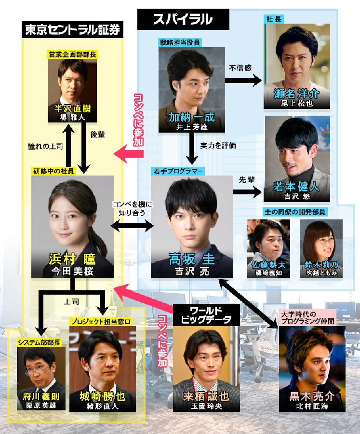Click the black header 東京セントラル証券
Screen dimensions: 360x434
[72, 29]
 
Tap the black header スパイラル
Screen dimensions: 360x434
[183, 19]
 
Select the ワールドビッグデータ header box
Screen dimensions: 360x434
[206, 315]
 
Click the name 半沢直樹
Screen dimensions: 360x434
[72, 108]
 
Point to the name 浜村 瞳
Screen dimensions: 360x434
[72, 259]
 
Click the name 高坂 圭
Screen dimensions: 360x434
[191, 259]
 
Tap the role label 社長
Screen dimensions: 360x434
[274, 19]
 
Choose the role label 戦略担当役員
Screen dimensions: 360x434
[180, 42]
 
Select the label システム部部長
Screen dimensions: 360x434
[39, 343]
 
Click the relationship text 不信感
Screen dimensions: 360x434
[240, 68]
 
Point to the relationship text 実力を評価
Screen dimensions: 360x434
[218, 146]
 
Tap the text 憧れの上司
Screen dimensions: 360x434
[45, 146]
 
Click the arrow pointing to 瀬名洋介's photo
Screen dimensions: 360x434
[243, 81]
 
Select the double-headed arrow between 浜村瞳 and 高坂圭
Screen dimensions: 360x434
[132, 226]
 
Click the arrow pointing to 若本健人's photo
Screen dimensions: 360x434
[247, 192]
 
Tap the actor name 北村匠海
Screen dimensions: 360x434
[312, 406]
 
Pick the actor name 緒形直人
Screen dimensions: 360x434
[102, 406]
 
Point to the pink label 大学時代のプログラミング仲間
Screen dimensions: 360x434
[307, 317]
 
